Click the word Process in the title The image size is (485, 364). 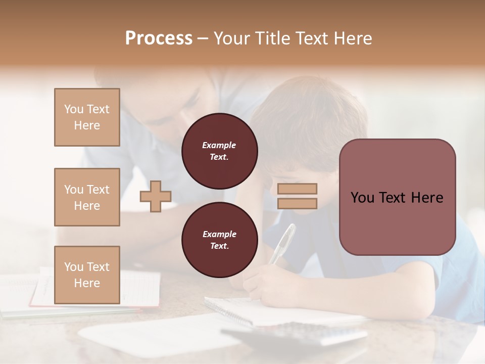(x=159, y=38)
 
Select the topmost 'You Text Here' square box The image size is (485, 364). (x=87, y=117)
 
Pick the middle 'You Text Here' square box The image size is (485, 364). (x=87, y=197)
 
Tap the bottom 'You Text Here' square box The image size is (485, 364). (x=87, y=275)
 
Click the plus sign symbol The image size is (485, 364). (x=156, y=197)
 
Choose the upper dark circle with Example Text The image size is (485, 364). (x=220, y=151)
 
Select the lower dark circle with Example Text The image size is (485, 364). (x=220, y=240)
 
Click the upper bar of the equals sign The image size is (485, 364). (x=298, y=189)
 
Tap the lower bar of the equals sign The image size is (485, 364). (x=298, y=203)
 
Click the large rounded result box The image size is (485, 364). (x=397, y=197)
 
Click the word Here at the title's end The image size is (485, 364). (x=353, y=38)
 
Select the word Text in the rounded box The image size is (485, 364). (x=396, y=198)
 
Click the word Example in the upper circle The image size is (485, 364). (x=219, y=145)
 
